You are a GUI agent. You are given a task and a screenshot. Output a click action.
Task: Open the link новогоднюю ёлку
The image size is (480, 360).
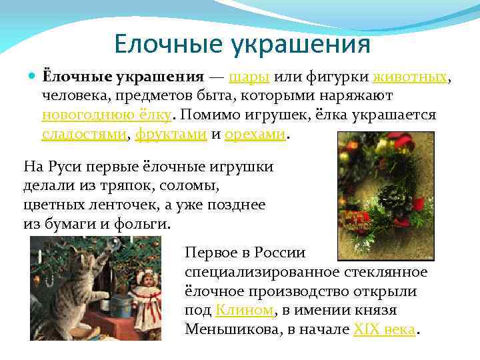107,114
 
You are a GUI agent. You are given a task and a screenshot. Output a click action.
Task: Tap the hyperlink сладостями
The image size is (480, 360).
84,133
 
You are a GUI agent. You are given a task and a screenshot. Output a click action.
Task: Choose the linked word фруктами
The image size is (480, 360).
170,133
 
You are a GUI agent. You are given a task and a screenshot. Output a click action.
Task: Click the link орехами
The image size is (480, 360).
256,133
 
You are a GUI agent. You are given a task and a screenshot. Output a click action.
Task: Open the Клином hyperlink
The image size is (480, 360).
245,310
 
